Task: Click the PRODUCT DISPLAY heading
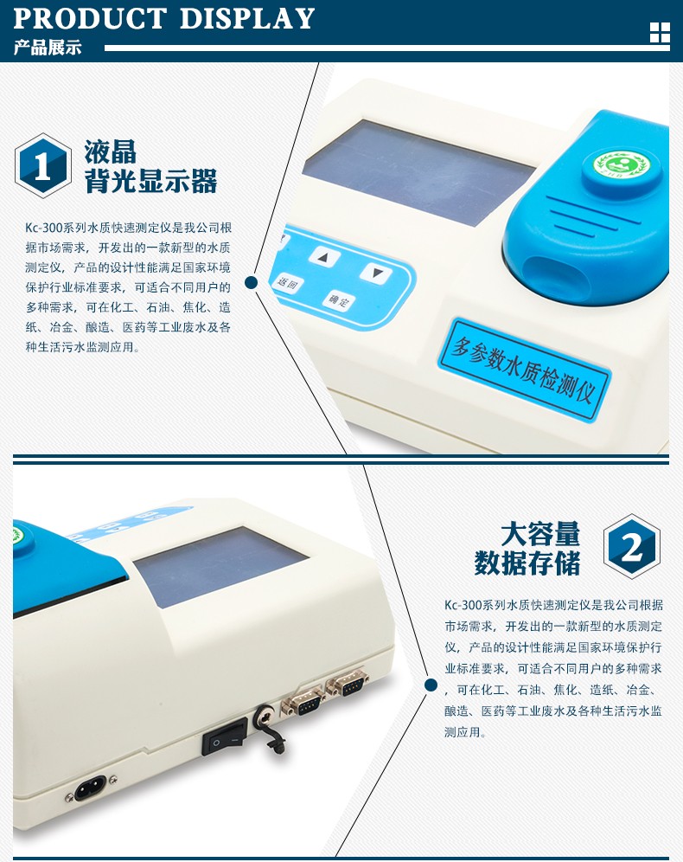point(163,18)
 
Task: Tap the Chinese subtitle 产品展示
point(48,48)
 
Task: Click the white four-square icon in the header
point(660,33)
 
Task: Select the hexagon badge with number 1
point(43,165)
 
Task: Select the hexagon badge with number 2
point(631,546)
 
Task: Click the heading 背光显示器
point(151,181)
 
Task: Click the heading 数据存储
point(527,563)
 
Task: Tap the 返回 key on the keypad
point(288,283)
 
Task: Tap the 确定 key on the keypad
point(339,300)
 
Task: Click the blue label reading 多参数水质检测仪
point(524,369)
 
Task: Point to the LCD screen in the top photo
point(418,171)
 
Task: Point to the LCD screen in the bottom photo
point(220,566)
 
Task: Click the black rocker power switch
point(225,736)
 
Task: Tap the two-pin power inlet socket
point(91,790)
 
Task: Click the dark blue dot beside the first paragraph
point(251,282)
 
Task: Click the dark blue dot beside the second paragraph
point(431,685)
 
